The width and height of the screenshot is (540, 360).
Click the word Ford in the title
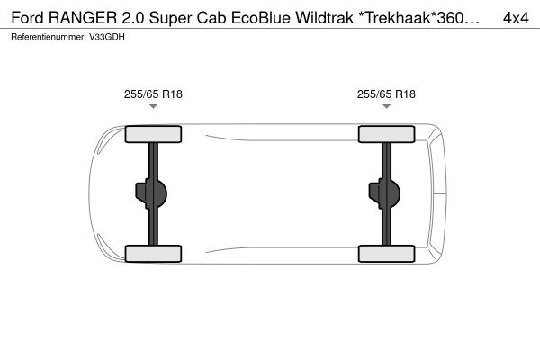click(x=28, y=18)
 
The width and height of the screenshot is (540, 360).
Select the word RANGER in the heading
click(x=83, y=18)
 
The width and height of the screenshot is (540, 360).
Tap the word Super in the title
click(x=170, y=19)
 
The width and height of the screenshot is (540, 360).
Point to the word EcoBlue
click(x=261, y=18)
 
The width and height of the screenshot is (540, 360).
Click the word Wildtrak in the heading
click(x=324, y=18)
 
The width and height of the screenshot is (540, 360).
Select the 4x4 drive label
click(x=516, y=18)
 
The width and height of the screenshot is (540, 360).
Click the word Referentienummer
click(x=49, y=37)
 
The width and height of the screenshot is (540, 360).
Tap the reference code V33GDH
click(x=107, y=37)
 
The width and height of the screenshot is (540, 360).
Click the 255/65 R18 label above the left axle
click(x=153, y=94)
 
